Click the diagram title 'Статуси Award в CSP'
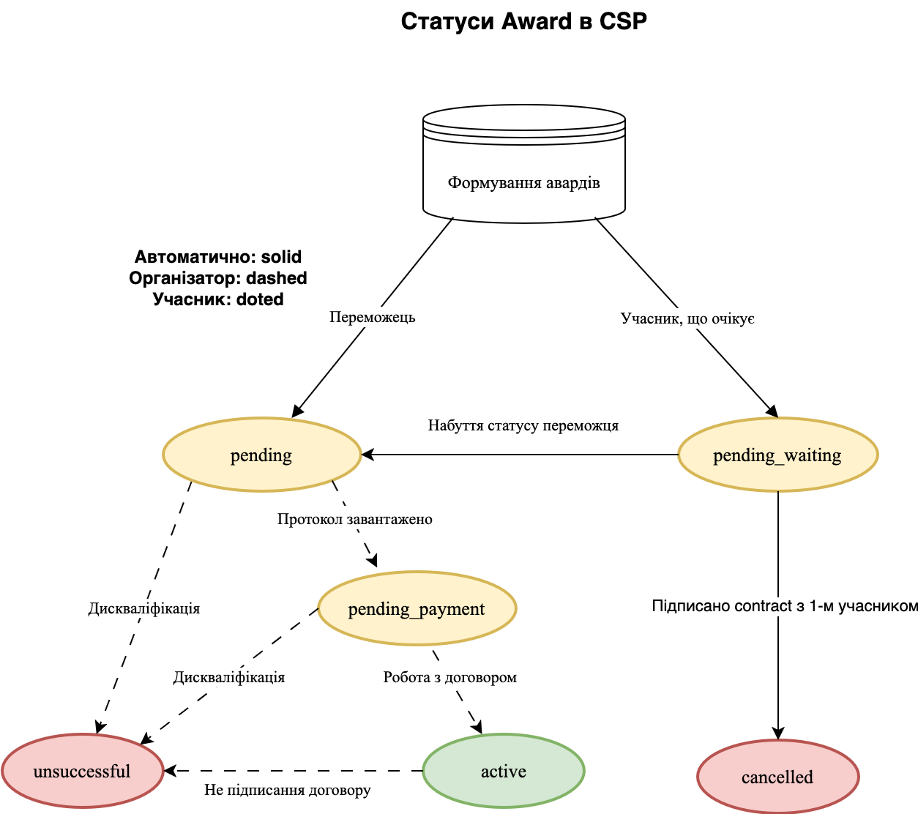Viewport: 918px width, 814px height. [523, 21]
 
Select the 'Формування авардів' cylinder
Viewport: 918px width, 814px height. [523, 176]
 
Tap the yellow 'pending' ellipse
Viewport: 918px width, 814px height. [261, 455]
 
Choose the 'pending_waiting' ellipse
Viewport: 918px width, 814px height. [777, 455]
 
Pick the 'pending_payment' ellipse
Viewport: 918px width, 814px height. [417, 609]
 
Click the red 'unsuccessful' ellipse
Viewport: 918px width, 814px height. [82, 772]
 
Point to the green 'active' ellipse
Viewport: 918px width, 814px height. [503, 772]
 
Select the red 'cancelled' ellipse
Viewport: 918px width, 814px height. [777, 777]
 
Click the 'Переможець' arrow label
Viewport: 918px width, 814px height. [372, 317]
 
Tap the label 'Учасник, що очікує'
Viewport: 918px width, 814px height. [687, 318]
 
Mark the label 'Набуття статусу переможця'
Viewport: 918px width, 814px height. [523, 425]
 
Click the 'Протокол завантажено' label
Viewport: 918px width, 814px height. [354, 519]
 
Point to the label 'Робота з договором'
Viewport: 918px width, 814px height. [449, 677]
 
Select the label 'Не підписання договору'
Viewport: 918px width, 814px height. [287, 790]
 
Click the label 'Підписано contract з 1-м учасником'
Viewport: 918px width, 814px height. [784, 606]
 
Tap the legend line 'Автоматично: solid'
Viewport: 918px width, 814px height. [218, 257]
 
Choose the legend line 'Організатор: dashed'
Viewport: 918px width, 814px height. [218, 278]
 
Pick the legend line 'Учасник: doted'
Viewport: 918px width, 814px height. [218, 299]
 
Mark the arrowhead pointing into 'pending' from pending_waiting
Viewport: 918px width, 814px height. [368, 455]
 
